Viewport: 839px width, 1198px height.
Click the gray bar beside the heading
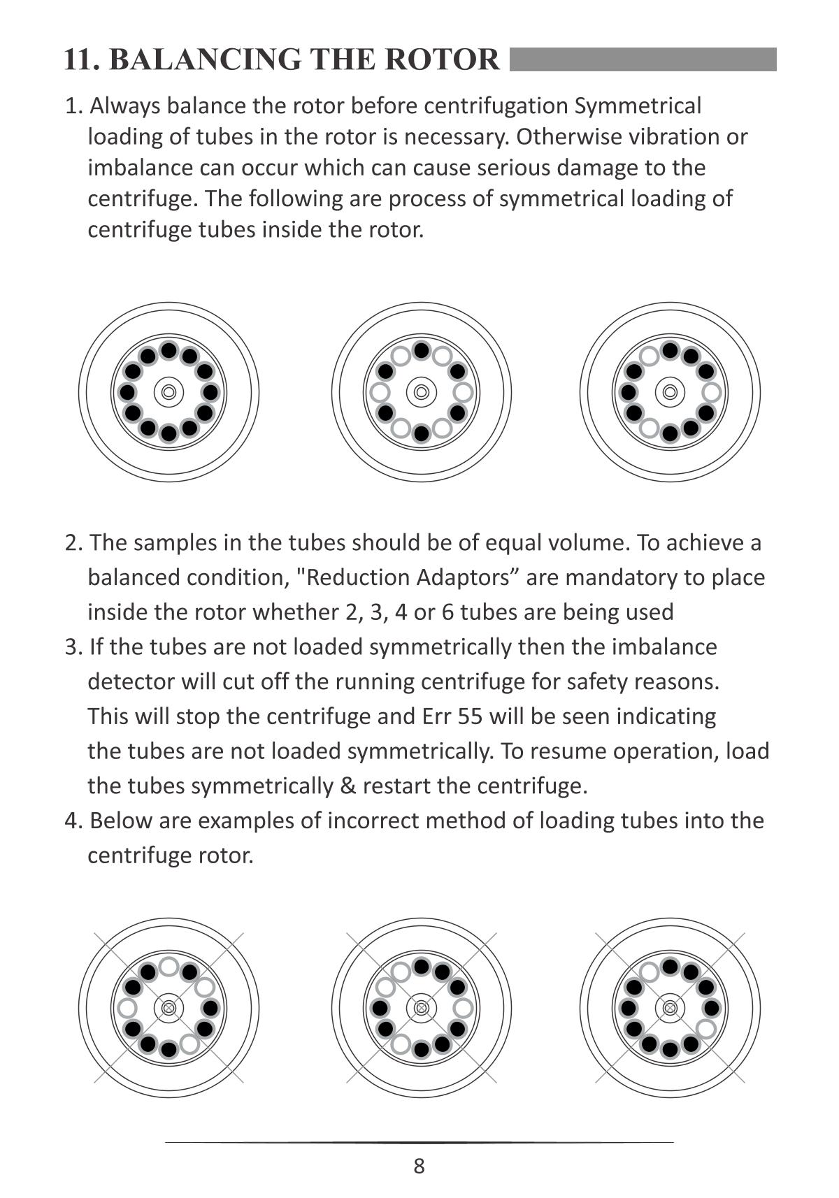[x=643, y=59]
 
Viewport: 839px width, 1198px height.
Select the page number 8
[x=419, y=1166]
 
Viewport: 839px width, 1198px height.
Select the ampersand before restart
[x=347, y=786]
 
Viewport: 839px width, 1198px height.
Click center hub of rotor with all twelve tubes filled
[x=168, y=392]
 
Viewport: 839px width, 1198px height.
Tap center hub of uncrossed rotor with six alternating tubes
[x=421, y=392]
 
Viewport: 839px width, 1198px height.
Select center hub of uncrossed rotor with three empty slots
[x=670, y=392]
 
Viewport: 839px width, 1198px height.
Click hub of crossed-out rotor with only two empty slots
[x=670, y=1008]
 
